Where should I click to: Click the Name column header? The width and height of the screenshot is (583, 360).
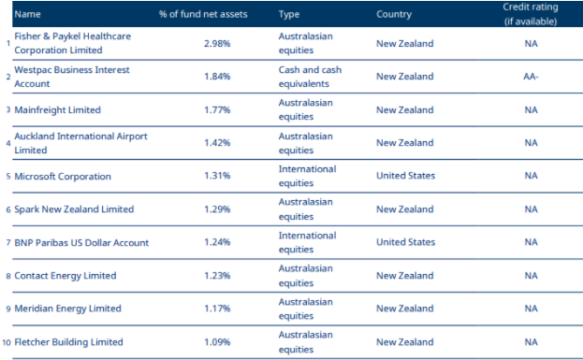click(28, 14)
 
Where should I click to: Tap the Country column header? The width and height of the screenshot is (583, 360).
click(397, 14)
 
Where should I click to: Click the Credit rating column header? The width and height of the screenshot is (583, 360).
click(531, 13)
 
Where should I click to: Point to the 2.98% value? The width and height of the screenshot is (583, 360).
click(217, 43)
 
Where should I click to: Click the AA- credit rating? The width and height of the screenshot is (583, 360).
click(531, 76)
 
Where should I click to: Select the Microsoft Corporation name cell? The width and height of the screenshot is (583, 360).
click(63, 176)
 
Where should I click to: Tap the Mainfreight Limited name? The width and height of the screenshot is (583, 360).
click(57, 110)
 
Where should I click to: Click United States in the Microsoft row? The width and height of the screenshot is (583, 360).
click(405, 176)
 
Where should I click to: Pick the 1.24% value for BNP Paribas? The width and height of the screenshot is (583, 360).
click(217, 242)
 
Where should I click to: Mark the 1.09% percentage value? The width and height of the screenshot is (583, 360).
click(217, 341)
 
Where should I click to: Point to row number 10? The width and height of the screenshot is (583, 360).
click(7, 341)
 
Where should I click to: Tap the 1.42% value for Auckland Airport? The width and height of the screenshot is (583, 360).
click(217, 143)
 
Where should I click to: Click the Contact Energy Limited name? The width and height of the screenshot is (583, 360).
click(66, 276)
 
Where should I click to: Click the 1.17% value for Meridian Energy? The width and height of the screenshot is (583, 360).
click(217, 309)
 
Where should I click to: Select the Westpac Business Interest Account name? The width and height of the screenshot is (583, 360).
click(71, 76)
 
